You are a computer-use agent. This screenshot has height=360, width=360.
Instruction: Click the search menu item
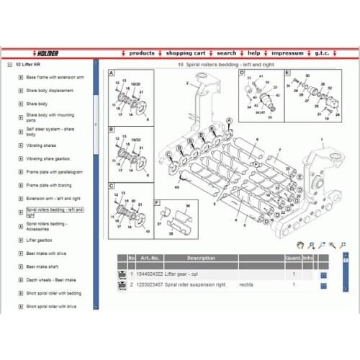pos(226,53)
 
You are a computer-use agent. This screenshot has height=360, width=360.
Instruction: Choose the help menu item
pos(254,53)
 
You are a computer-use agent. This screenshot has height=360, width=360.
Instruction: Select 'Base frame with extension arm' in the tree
pos(55,76)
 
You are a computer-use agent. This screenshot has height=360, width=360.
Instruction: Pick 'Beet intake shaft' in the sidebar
pos(44,266)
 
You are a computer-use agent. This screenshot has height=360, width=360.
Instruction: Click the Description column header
pos(201,258)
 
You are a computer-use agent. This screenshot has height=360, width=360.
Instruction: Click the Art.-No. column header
pos(150,258)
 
